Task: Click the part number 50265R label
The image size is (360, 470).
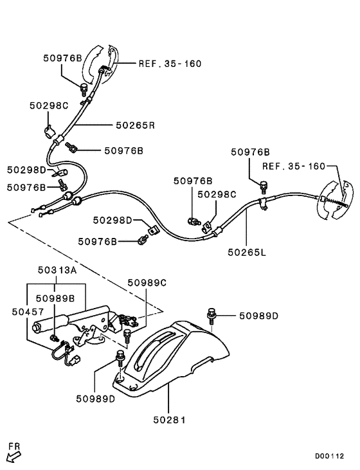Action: pyautogui.click(x=135, y=125)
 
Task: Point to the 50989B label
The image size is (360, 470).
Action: pyautogui.click(x=55, y=298)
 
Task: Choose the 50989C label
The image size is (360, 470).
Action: pyautogui.click(x=147, y=282)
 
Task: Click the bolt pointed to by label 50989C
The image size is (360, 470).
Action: pyautogui.click(x=127, y=334)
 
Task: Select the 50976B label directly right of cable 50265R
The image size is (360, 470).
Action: pyautogui.click(x=123, y=150)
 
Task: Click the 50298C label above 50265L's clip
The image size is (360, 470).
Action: pyautogui.click(x=217, y=194)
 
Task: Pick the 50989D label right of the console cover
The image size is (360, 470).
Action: pyautogui.click(x=259, y=316)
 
